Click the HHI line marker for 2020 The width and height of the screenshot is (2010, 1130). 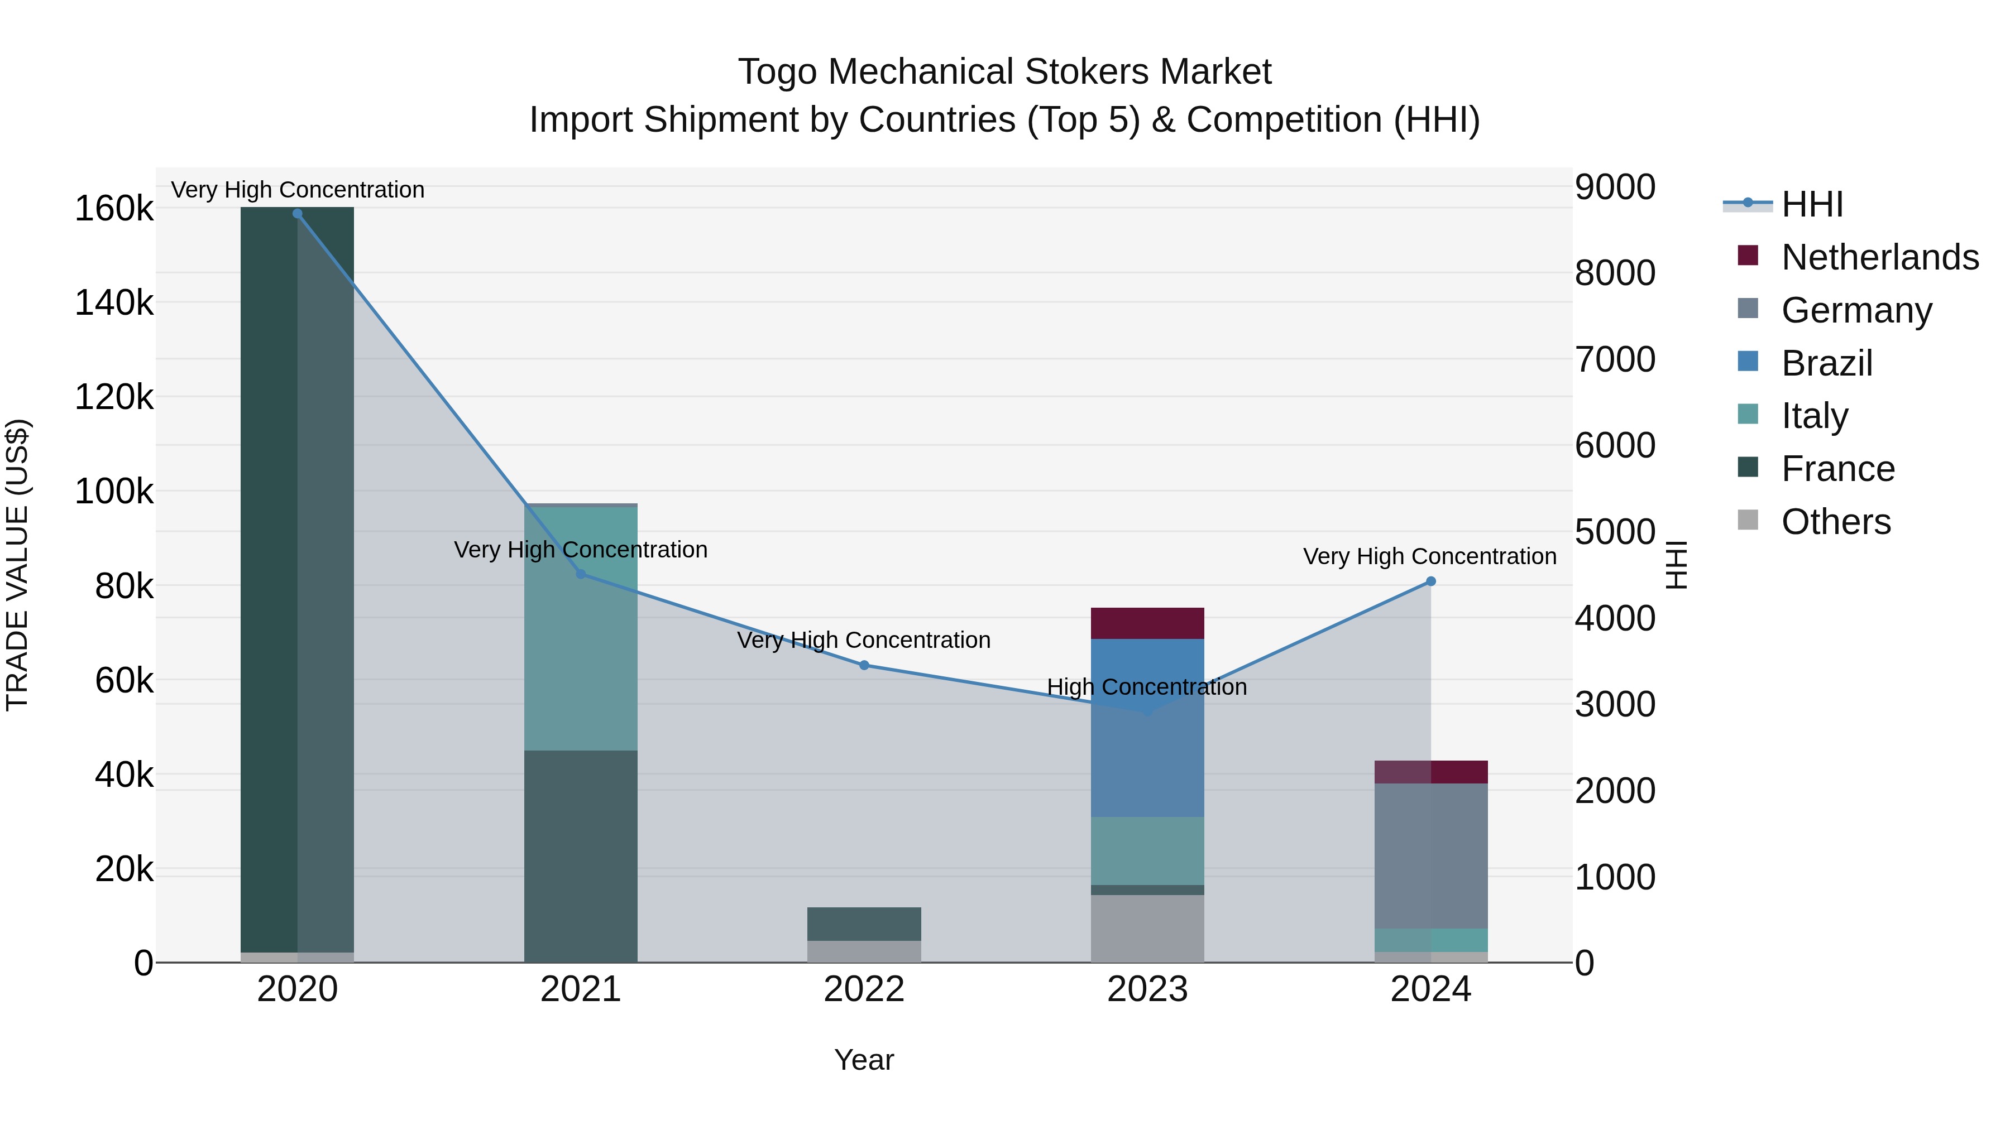297,214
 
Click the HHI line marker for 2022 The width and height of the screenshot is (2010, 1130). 864,665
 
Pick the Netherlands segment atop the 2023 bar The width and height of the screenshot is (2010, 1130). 1147,623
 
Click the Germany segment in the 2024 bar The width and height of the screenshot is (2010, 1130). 1430,855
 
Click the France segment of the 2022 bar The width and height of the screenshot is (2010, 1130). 864,924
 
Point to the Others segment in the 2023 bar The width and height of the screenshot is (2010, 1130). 1147,928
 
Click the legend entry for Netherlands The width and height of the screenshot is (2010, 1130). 1879,257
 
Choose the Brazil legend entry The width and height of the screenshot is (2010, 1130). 1826,363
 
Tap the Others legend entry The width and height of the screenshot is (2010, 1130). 1835,522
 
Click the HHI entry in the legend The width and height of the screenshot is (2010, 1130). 1812,204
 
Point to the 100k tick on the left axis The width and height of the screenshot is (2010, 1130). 114,492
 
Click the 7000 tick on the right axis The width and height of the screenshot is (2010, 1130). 1614,359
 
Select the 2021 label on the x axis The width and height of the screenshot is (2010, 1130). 581,989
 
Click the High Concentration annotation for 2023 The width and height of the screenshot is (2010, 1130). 1146,687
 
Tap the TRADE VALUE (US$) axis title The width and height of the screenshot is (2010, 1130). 17,565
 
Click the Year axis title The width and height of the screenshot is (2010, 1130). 864,1060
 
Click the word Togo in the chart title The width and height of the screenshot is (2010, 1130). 778,72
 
